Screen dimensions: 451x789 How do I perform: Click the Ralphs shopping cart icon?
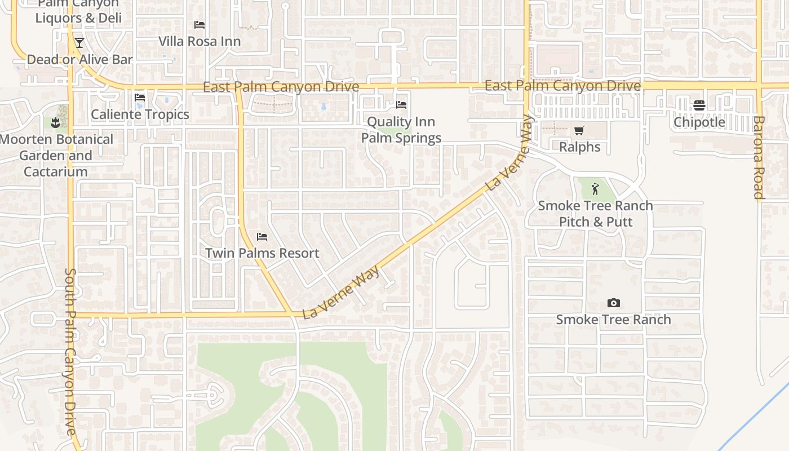(x=579, y=131)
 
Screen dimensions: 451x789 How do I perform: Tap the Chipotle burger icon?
(x=699, y=105)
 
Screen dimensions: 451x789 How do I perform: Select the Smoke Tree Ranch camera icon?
(x=614, y=303)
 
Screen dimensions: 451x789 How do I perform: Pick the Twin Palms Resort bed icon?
(x=261, y=237)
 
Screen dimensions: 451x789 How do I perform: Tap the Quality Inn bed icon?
(x=401, y=105)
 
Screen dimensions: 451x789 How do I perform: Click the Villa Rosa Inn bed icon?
(x=200, y=25)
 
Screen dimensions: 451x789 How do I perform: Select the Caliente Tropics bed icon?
(x=140, y=98)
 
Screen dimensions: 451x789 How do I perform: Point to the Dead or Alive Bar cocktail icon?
(x=79, y=43)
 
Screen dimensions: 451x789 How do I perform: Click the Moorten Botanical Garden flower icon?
(x=55, y=122)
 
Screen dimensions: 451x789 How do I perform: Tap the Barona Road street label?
(x=759, y=158)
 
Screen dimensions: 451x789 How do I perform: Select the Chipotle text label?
(x=699, y=122)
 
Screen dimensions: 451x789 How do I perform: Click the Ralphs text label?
(x=579, y=147)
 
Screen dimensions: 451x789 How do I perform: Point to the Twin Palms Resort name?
(x=262, y=253)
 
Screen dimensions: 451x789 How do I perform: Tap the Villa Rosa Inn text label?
(x=200, y=41)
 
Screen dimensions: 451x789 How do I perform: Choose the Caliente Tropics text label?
(x=140, y=114)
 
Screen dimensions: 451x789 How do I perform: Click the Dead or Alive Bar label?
(x=79, y=59)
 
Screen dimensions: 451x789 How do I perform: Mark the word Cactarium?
(x=55, y=171)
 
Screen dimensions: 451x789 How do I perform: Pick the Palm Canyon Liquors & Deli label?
(x=78, y=11)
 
